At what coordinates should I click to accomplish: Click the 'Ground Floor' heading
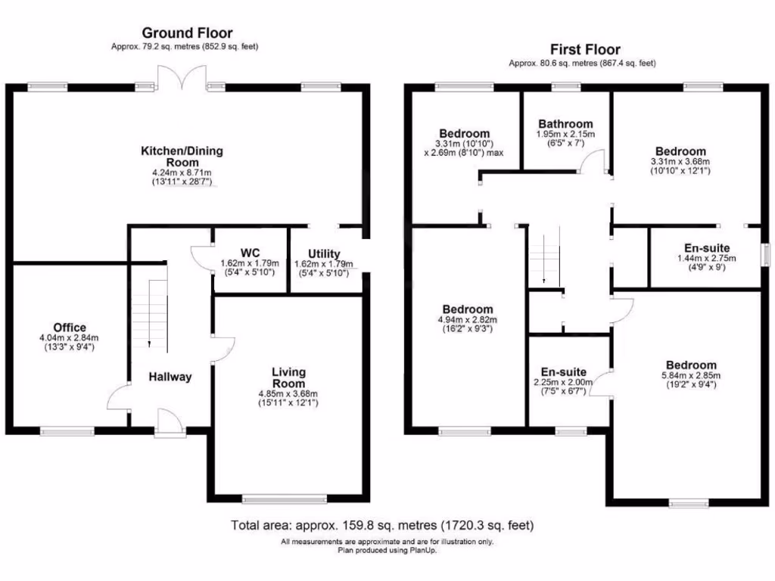(187, 33)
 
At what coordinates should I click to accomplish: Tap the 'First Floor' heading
(580, 50)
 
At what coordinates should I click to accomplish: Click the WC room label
(251, 252)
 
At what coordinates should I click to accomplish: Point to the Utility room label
(324, 253)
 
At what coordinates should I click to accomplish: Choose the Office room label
(70, 328)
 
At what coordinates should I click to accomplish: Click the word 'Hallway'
(170, 377)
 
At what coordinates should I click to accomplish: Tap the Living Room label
(289, 377)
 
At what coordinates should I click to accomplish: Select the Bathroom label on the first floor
(565, 124)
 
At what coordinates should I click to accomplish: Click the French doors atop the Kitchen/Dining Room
(182, 78)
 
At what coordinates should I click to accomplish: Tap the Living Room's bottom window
(285, 499)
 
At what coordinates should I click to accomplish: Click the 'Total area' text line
(382, 524)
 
